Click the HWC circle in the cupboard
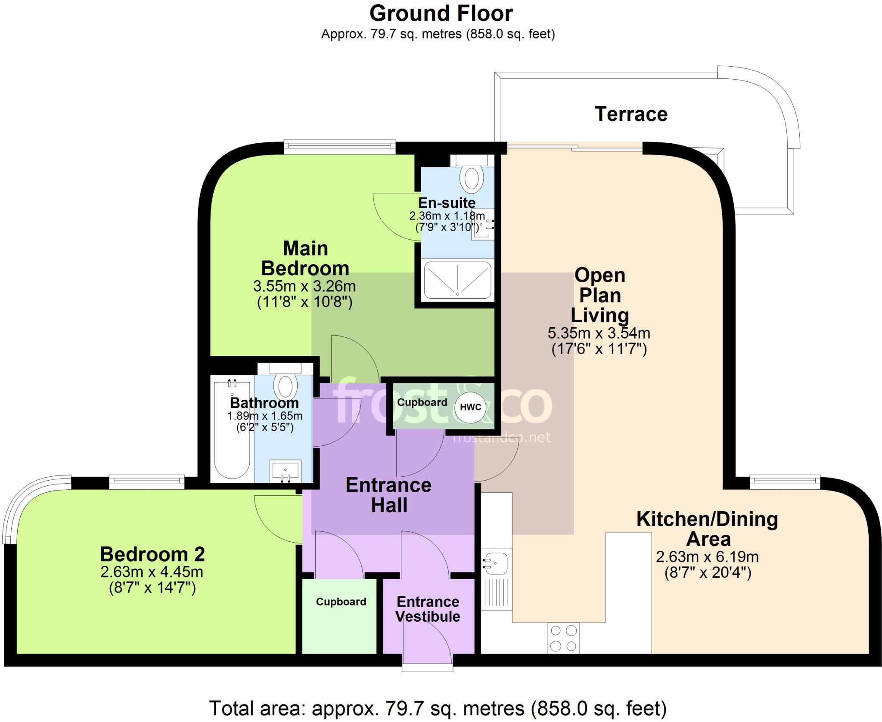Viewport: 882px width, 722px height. (470, 407)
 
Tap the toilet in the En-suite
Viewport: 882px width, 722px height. (471, 177)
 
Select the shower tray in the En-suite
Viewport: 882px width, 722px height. (457, 280)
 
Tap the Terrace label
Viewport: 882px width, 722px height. (631, 114)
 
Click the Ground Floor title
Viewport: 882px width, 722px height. (441, 14)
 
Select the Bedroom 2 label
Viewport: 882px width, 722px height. (152, 554)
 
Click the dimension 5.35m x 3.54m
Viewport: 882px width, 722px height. (599, 333)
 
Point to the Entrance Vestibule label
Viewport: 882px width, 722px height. (428, 609)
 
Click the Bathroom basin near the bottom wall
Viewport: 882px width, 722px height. (285, 471)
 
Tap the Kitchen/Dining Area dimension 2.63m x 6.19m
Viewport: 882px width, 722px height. (707, 557)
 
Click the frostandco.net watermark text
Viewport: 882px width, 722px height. (502, 438)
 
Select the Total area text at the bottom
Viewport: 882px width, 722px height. (438, 708)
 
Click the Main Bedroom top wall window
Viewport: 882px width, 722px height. (339, 147)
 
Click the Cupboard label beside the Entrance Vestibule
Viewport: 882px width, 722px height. (341, 602)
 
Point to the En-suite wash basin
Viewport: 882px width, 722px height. (483, 225)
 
